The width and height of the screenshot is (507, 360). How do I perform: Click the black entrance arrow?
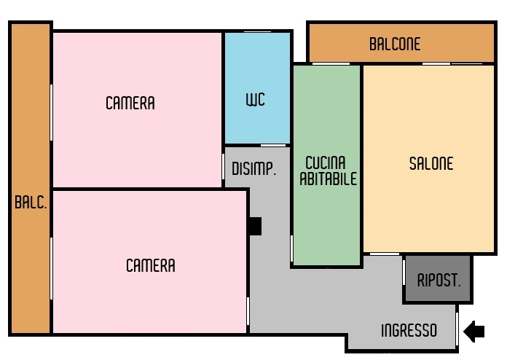tap(474, 331)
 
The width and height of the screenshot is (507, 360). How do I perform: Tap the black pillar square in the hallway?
tap(255, 226)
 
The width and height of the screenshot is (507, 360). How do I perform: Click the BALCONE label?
tap(395, 44)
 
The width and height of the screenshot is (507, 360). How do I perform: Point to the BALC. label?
tap(31, 203)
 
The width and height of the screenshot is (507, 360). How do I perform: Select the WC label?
tap(256, 100)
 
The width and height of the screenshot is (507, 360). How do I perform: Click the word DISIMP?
tap(254, 168)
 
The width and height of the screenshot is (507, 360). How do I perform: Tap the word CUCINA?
tap(326, 163)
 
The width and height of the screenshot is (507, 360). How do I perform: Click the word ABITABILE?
tap(329, 179)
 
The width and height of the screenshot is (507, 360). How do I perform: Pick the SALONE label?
tap(431, 163)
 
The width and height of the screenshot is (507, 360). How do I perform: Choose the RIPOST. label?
tap(439, 280)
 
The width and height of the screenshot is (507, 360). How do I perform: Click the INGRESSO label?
tap(409, 331)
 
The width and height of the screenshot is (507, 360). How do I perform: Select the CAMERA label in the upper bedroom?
tap(130, 103)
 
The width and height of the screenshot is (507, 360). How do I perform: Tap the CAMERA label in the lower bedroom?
tap(151, 265)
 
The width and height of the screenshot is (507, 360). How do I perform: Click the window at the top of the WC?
tap(257, 31)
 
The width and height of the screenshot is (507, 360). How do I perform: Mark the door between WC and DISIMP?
tap(273, 146)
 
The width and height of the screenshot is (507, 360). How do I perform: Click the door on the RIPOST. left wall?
tap(404, 273)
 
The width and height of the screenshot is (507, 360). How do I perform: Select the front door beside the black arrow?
tap(457, 329)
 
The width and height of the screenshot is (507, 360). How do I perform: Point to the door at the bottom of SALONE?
tap(385, 254)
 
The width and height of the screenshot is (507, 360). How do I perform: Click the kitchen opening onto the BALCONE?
tap(331, 63)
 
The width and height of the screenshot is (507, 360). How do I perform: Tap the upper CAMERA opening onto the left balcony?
tap(51, 112)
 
